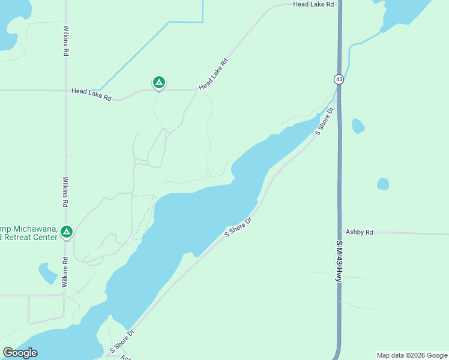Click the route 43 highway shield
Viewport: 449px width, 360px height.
(339, 79)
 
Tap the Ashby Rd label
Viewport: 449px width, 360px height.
(359, 232)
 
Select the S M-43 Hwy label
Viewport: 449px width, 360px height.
(339, 262)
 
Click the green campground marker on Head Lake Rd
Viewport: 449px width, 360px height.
(158, 82)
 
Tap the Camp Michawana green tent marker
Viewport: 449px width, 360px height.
(67, 231)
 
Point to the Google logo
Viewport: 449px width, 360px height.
(20, 353)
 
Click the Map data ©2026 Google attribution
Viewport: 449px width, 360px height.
(412, 355)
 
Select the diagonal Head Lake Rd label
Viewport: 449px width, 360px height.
(214, 74)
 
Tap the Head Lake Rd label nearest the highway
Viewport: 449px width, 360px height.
(313, 4)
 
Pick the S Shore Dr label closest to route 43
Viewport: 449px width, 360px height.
(324, 121)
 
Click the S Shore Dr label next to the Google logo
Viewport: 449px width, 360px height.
(122, 340)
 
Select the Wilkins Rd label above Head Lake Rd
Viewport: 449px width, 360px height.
(65, 41)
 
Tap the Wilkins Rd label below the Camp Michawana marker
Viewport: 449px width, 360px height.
(65, 271)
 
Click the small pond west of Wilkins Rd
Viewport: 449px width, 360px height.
(47, 273)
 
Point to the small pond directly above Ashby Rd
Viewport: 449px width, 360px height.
(383, 184)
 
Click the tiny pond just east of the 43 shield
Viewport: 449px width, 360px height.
(358, 126)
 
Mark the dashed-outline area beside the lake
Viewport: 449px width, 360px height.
(145, 216)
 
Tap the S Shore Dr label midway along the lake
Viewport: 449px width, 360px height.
(238, 227)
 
